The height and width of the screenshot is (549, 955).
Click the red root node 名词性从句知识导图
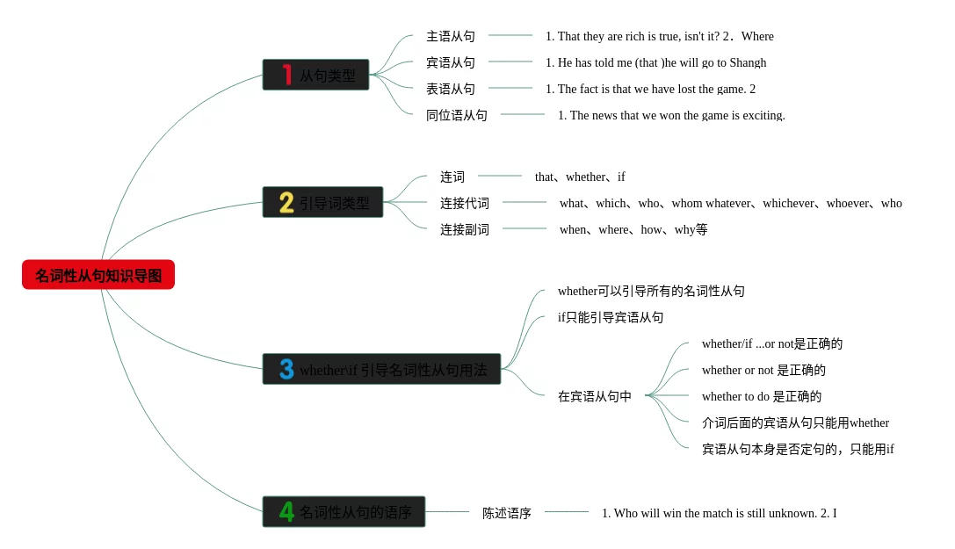click(98, 275)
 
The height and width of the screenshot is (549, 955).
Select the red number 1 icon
click(286, 75)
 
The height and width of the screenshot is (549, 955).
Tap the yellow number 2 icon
click(286, 203)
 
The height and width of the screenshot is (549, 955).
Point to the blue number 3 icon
click(286, 369)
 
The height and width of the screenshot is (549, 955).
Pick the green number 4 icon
click(286, 511)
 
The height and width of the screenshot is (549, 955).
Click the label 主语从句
click(451, 36)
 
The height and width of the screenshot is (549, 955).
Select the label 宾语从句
click(451, 62)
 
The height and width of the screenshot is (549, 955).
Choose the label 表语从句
click(451, 89)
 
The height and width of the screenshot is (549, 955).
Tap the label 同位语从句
click(457, 115)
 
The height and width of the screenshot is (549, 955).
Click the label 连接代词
click(465, 203)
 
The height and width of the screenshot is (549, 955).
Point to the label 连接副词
click(465, 229)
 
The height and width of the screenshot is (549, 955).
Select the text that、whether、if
click(580, 177)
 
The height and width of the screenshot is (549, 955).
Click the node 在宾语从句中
click(595, 396)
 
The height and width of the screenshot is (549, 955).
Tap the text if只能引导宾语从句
click(611, 317)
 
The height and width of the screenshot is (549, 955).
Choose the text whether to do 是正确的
click(762, 396)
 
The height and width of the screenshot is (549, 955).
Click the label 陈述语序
click(507, 513)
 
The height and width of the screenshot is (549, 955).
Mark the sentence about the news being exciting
click(671, 115)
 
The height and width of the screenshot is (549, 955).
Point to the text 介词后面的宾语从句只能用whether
click(795, 423)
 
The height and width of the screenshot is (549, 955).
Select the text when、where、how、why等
click(633, 229)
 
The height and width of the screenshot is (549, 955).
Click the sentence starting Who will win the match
click(719, 513)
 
